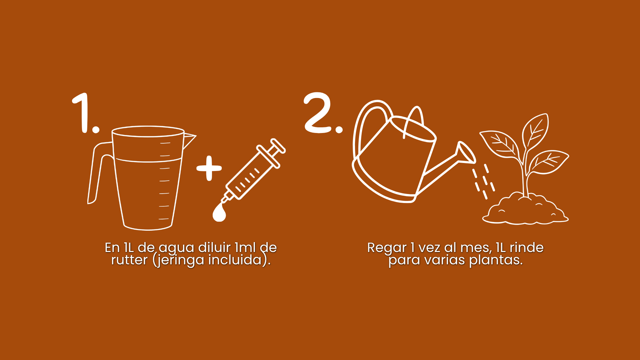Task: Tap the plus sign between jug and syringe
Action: (x=209, y=168)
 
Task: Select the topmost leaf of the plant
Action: (x=535, y=131)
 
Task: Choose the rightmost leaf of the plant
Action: (x=549, y=162)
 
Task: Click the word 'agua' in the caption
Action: (x=176, y=248)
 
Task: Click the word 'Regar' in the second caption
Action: (x=387, y=248)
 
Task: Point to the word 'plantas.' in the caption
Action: (x=496, y=260)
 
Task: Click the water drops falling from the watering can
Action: (x=483, y=182)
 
